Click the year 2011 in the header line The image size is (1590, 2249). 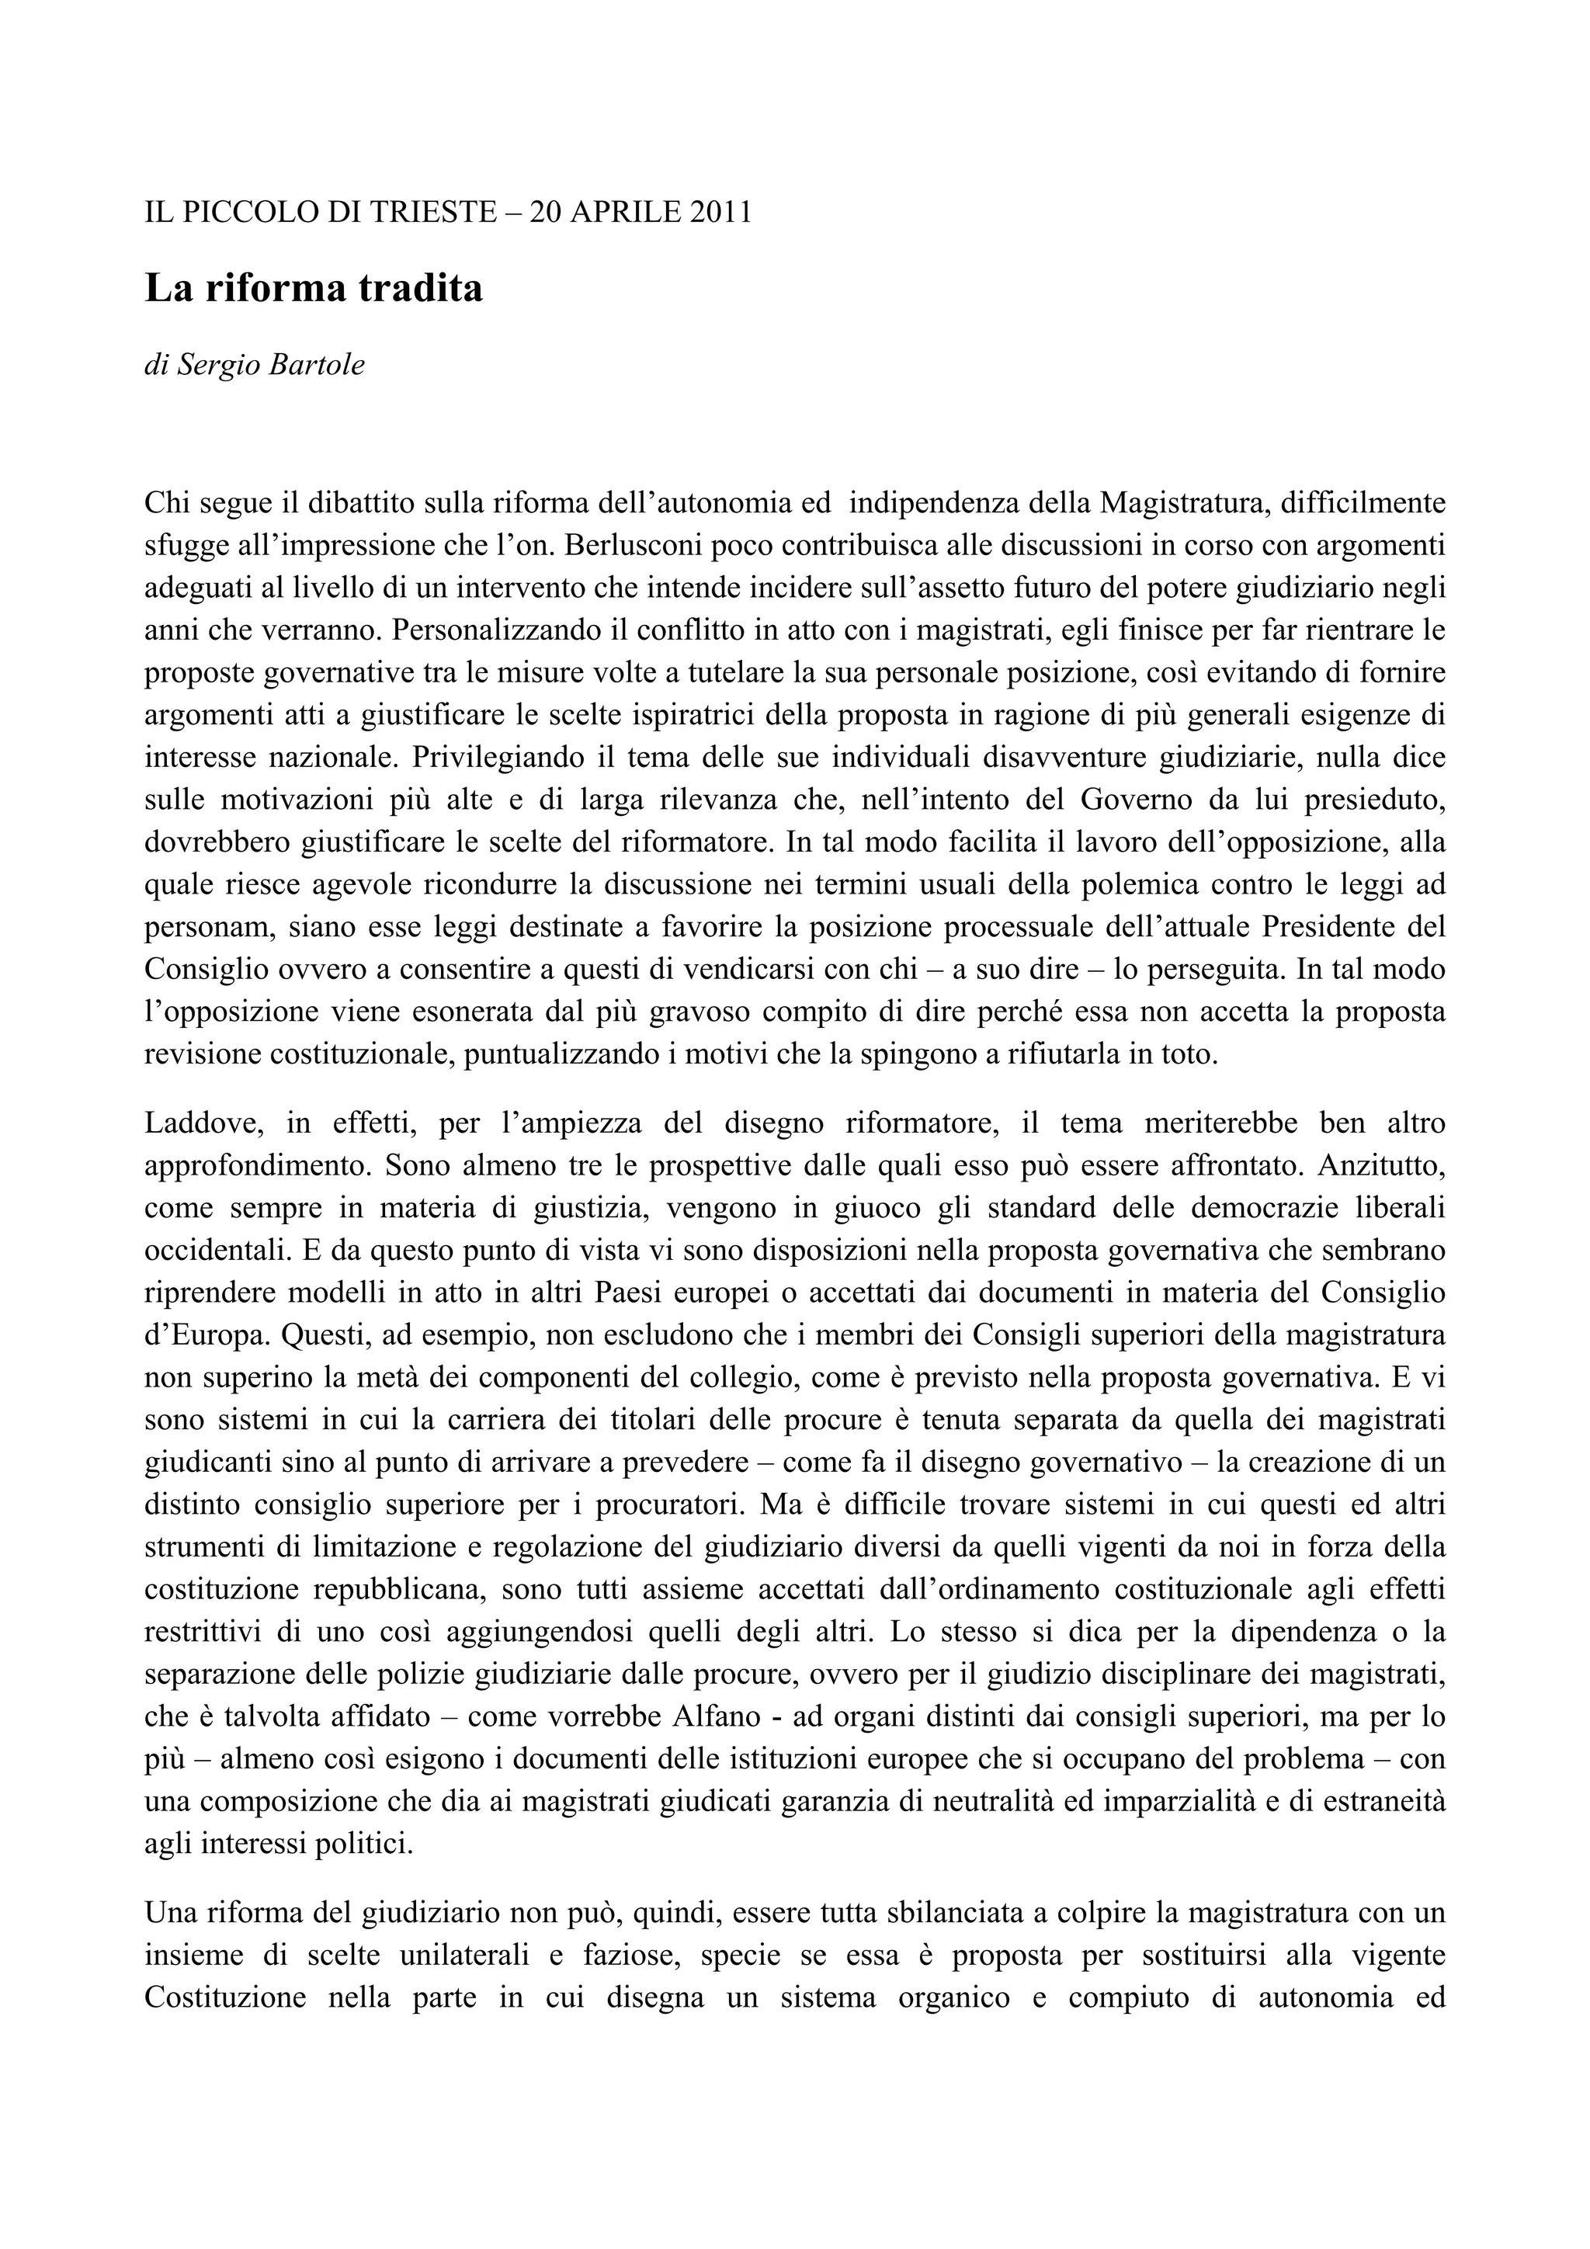point(719,212)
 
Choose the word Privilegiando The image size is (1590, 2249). point(505,758)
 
